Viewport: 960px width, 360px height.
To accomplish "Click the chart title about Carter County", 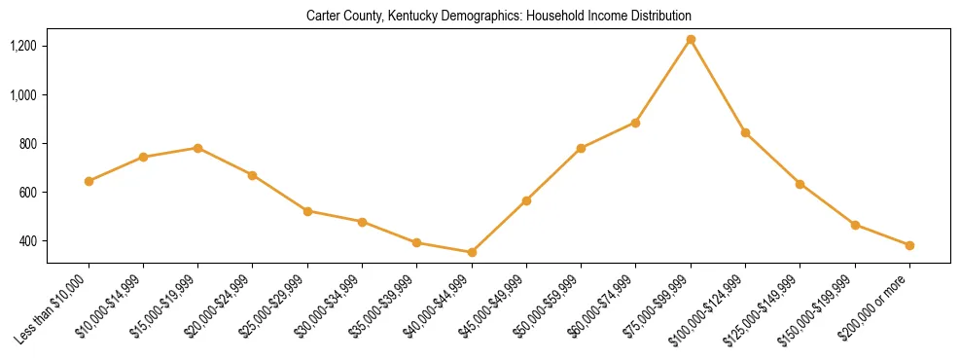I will click(498, 17).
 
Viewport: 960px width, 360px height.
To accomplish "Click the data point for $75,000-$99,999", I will click(691, 40).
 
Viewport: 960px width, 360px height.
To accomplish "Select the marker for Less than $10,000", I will click(89, 181).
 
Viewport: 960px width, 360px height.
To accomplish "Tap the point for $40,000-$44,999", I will click(472, 252).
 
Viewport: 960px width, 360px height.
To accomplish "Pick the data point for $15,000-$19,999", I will click(197, 148).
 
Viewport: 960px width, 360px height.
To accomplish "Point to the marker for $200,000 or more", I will click(909, 245).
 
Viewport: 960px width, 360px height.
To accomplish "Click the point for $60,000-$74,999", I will click(635, 123).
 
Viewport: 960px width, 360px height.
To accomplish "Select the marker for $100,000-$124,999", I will click(745, 132).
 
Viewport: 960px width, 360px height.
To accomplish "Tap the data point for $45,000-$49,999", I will click(526, 200).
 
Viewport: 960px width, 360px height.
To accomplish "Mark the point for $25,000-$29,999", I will click(307, 211).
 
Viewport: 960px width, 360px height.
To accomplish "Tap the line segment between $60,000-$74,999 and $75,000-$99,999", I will click(663, 81).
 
